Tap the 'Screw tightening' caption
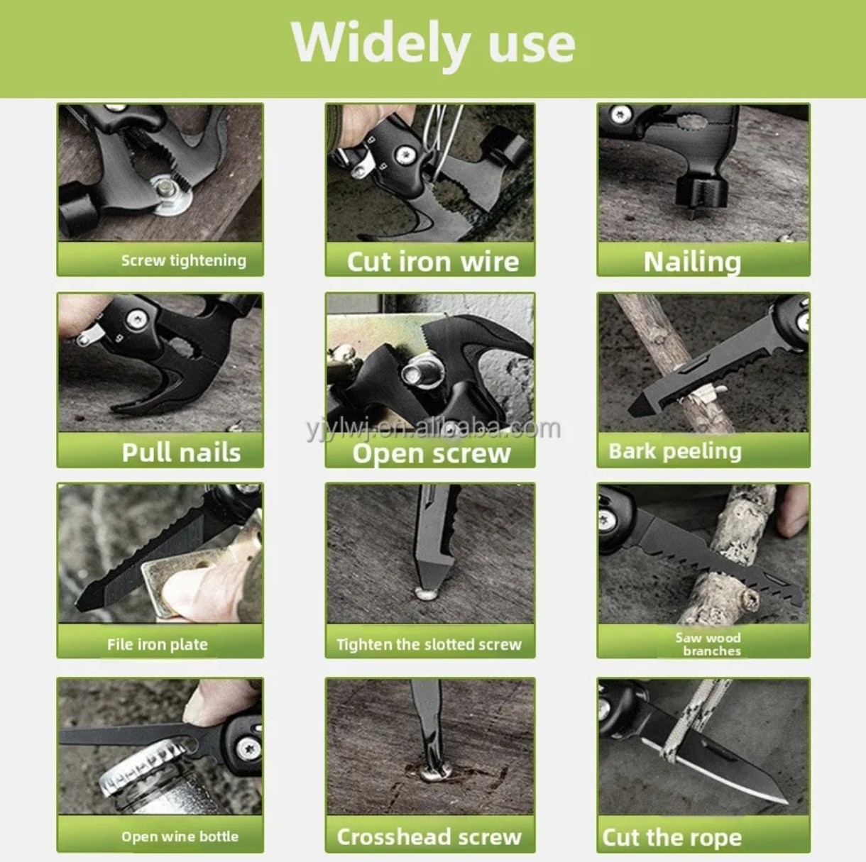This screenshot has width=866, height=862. click(x=184, y=260)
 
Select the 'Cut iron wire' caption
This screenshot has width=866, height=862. click(x=433, y=261)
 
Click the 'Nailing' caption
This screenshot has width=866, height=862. click(x=692, y=262)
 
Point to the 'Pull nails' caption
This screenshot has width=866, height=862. click(x=181, y=452)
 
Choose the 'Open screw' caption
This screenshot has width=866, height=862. click(x=432, y=453)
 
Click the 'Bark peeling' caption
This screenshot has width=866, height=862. click(x=675, y=452)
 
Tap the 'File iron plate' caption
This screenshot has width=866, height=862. click(x=158, y=645)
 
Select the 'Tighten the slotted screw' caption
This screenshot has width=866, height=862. click(x=429, y=645)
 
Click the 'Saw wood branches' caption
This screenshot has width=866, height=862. click(x=708, y=644)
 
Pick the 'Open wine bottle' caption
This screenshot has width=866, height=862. click(x=180, y=836)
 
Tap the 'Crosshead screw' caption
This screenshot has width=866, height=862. click(x=429, y=837)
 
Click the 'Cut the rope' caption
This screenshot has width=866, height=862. click(x=672, y=837)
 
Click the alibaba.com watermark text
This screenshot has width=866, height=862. click(x=434, y=429)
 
